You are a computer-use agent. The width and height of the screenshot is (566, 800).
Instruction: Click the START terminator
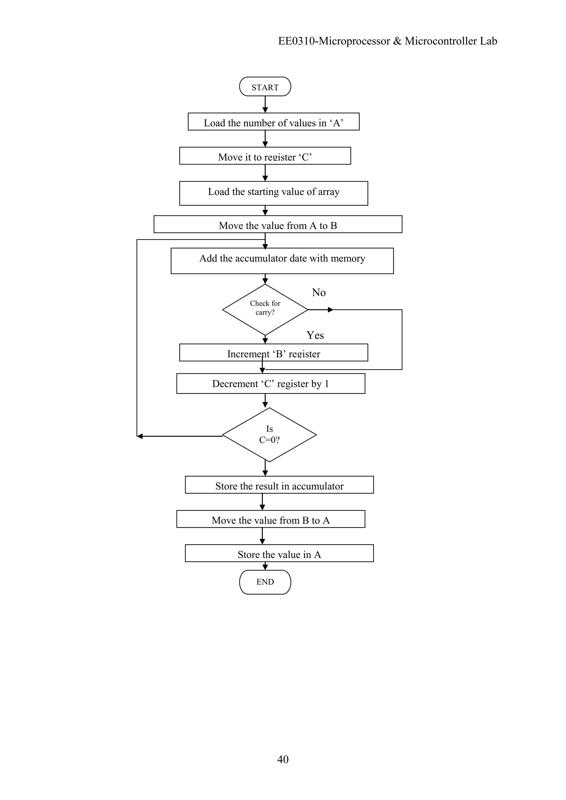coord(265,87)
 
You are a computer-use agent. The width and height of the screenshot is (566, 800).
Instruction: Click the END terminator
coord(265,582)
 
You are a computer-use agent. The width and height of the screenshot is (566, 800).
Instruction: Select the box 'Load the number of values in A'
coord(274,122)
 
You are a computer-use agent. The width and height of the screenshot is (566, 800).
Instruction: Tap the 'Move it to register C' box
coord(265,156)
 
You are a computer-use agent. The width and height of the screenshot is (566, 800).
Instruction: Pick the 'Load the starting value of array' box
coord(274,193)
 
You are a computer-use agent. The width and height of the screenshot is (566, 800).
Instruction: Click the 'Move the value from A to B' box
coord(278,224)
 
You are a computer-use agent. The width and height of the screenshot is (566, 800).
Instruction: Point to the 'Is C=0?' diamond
coord(269,435)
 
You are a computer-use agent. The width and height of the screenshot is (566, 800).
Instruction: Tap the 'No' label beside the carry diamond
coord(319,293)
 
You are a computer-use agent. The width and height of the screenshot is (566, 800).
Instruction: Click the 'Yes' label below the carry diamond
coord(315,335)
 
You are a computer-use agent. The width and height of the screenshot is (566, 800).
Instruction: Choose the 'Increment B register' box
coord(274,353)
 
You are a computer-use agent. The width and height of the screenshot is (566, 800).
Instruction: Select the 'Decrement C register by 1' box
coord(271,384)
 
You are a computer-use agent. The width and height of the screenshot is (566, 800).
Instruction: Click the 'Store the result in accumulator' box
coord(279,485)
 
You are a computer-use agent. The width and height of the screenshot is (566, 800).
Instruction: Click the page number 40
coord(283,759)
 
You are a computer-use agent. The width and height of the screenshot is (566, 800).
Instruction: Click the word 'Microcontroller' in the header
coord(441,41)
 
